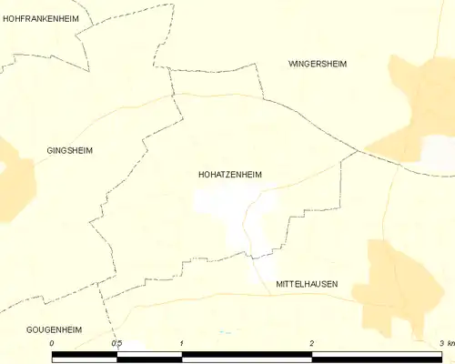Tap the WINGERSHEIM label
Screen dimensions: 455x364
pos(318,64)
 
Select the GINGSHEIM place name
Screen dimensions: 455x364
pos(70,150)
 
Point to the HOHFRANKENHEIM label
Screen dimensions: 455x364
pos(41,18)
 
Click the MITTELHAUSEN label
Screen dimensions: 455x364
pos(307,284)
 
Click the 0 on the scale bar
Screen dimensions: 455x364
pos(52,343)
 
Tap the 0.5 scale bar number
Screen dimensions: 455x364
pos(116,343)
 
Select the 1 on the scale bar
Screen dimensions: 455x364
pos(182,343)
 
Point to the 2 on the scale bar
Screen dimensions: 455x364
pos(312,343)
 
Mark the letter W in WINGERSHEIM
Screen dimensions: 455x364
pos(292,64)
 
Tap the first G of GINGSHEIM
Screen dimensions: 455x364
pos(50,150)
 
